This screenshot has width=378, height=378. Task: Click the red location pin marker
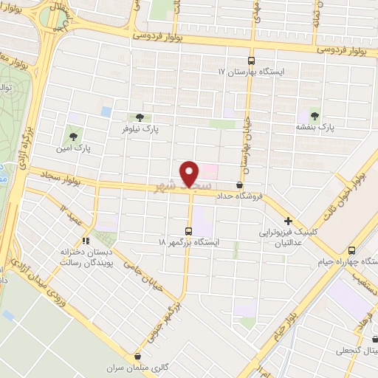click(190, 173)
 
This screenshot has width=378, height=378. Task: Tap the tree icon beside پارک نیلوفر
click(140, 117)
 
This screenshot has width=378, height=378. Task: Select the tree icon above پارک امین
click(72, 135)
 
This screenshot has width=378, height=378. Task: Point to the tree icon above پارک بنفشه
click(315, 115)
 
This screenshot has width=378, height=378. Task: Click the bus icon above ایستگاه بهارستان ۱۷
click(250, 61)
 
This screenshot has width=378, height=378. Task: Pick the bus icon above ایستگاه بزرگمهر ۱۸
click(189, 231)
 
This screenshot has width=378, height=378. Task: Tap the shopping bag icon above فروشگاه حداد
click(239, 185)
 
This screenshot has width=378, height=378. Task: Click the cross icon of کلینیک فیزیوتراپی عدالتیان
click(288, 220)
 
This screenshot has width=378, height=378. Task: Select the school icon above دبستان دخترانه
click(86, 240)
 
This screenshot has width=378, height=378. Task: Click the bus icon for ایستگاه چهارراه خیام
click(351, 250)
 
